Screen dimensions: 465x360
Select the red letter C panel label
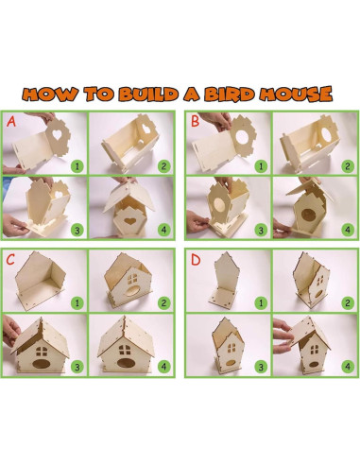(11, 258)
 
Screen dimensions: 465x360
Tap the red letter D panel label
(195, 258)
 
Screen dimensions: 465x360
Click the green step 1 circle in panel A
(76, 164)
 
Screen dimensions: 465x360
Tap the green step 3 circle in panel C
(76, 365)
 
